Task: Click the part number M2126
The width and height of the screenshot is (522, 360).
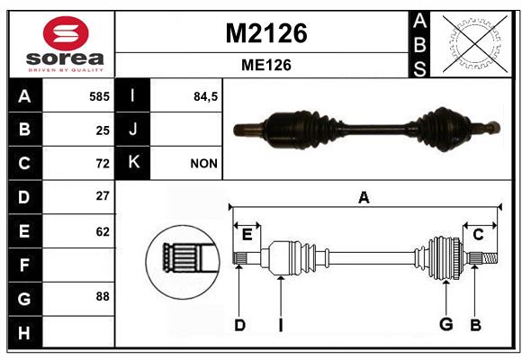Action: pos(266,33)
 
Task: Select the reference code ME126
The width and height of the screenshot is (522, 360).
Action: pos(266,65)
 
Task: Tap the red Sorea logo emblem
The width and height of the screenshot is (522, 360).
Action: pos(66,33)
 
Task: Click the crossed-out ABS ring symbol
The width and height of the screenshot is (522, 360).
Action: pos(475,44)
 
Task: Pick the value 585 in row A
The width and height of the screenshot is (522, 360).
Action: pos(99,96)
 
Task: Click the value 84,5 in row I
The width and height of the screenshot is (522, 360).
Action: pos(205,96)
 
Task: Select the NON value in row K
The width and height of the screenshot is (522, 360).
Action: pos(203,164)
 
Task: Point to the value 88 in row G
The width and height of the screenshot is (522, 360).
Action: pos(103,296)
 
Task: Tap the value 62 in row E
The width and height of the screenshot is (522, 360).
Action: pos(103,231)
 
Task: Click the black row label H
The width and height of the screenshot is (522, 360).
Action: pos(25,332)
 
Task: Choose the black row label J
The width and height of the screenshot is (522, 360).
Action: pos(132,130)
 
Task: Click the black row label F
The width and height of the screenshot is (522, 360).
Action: pos(25,265)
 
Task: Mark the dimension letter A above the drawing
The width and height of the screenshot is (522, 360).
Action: pos(364,197)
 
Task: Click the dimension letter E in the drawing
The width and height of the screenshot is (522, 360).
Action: pos(247,235)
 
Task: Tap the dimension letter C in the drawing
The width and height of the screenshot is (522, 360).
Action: pos(478,235)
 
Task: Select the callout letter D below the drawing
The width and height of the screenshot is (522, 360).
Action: pos(239,325)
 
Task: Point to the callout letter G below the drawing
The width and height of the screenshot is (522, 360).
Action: pos(446,324)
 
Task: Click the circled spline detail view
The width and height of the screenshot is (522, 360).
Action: pos(183,263)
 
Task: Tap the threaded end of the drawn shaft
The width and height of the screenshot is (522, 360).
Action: pos(490,258)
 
